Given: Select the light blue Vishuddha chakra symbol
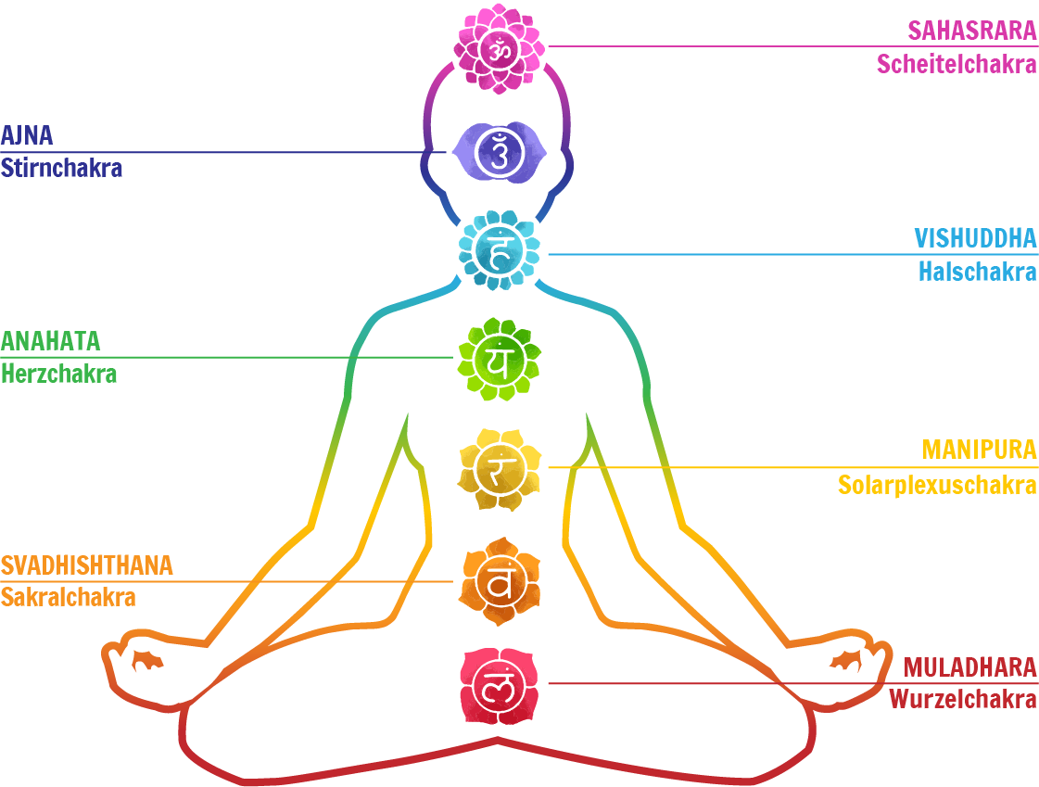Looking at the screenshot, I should click(x=500, y=250).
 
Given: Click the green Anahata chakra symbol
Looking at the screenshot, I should click(x=499, y=359).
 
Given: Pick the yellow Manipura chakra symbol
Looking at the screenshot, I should click(x=499, y=469).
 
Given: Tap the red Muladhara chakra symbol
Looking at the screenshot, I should click(x=499, y=686).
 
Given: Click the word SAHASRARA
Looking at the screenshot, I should click(x=971, y=30).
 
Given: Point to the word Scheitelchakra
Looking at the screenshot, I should click(x=957, y=64).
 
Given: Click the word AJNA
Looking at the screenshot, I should click(x=27, y=135).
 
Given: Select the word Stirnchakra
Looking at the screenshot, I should click(x=61, y=169).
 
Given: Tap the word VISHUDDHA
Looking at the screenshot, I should click(x=975, y=237).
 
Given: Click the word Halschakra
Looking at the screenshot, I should click(x=977, y=272).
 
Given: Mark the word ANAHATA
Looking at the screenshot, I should click(x=50, y=341).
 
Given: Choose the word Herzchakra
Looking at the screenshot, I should click(x=58, y=374).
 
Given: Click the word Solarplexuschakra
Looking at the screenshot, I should click(x=937, y=485).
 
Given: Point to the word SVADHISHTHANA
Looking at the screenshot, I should click(x=86, y=565).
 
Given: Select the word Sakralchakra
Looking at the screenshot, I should click(x=68, y=598).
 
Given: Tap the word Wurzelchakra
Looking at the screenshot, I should click(x=963, y=699).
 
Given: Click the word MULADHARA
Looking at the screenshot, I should click(x=969, y=667).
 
